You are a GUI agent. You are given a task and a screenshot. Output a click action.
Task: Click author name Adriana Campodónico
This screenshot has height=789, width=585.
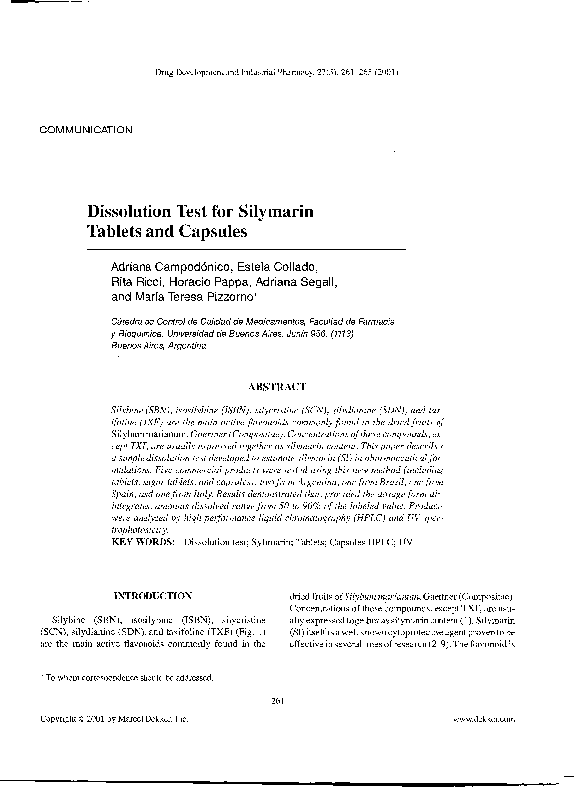click(x=169, y=266)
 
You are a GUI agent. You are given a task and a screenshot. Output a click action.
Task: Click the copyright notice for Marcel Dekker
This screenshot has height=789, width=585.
click(x=113, y=717)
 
